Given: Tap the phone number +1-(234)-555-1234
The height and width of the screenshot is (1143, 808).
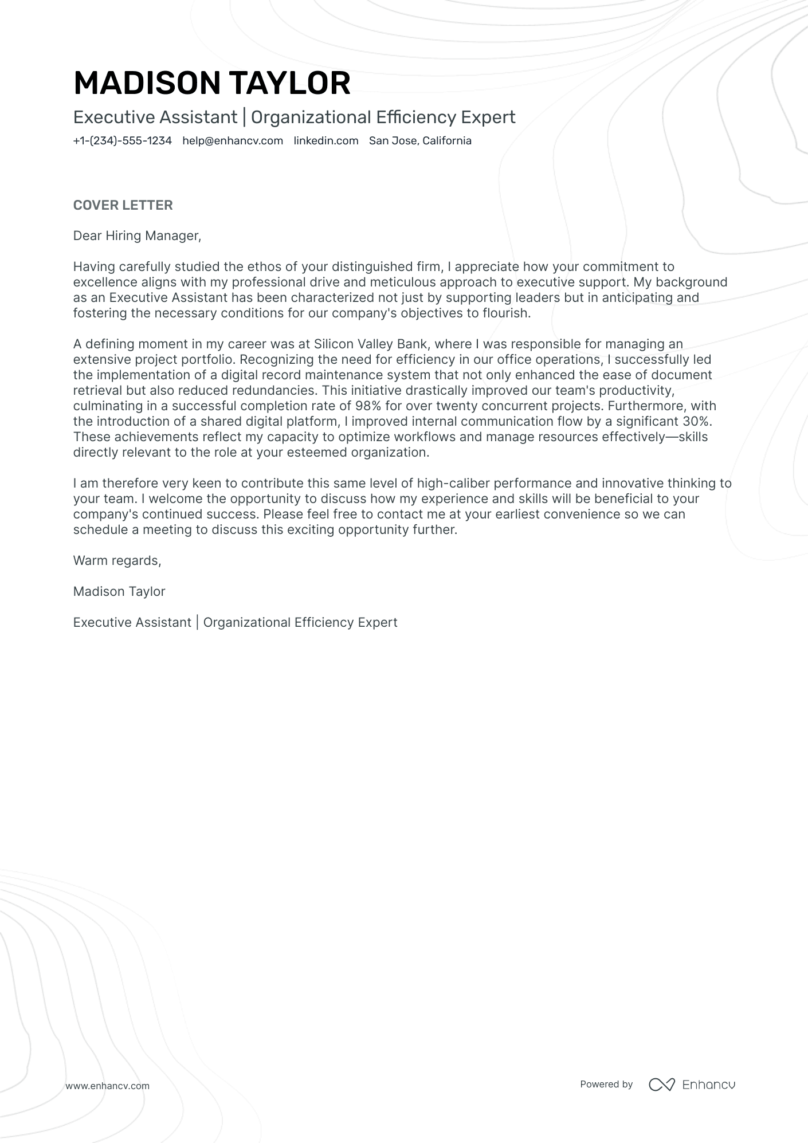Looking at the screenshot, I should pyautogui.click(x=122, y=141).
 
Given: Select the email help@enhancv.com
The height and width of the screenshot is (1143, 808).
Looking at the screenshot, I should pyautogui.click(x=233, y=141).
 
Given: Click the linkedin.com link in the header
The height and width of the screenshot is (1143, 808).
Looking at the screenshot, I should pyautogui.click(x=325, y=141).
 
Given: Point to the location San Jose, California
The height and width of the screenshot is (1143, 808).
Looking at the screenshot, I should pyautogui.click(x=420, y=141).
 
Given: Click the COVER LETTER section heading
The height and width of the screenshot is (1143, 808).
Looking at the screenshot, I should pyautogui.click(x=123, y=205).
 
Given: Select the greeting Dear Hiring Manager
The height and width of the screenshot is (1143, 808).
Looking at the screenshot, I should pyautogui.click(x=137, y=236).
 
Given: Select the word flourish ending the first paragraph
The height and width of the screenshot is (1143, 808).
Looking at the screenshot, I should pyautogui.click(x=507, y=313).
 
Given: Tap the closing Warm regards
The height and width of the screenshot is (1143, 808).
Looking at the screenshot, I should pyautogui.click(x=117, y=561).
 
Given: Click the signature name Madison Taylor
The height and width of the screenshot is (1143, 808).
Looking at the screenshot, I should pyautogui.click(x=119, y=592).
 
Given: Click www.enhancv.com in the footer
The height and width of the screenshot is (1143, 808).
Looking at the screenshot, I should pyautogui.click(x=107, y=1086).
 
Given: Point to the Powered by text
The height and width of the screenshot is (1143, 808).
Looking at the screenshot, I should pyautogui.click(x=606, y=1084).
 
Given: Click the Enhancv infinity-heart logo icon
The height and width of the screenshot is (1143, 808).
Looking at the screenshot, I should pyautogui.click(x=661, y=1085).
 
